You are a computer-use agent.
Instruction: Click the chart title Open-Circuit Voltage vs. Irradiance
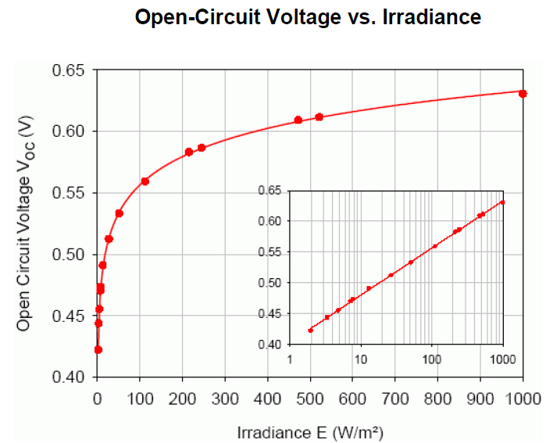coord(308,17)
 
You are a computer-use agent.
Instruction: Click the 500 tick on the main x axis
coord(310,398)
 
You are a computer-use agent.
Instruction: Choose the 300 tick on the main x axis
coord(225,398)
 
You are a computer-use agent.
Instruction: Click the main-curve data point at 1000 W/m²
coord(523,94)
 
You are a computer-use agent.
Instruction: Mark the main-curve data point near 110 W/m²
coord(144,181)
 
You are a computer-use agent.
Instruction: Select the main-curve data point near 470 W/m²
coord(298,120)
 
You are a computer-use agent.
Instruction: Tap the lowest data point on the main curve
coord(98,349)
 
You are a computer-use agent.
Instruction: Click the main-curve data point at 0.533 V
coord(119,213)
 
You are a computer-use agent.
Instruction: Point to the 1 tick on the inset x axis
coord(290,360)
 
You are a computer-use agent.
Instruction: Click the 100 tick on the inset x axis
coord(431,360)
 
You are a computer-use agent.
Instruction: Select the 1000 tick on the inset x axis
coord(501,360)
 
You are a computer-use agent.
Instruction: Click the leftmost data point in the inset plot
coord(310,330)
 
